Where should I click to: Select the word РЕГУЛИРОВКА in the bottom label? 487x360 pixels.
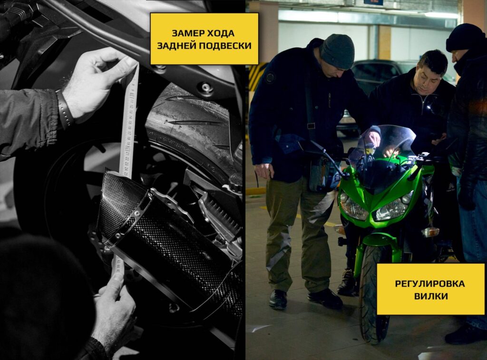point(430,283)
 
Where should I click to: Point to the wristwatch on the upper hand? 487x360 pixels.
point(65,109)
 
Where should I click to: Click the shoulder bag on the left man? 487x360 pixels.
point(323,174)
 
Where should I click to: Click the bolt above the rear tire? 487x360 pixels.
point(205,88)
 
